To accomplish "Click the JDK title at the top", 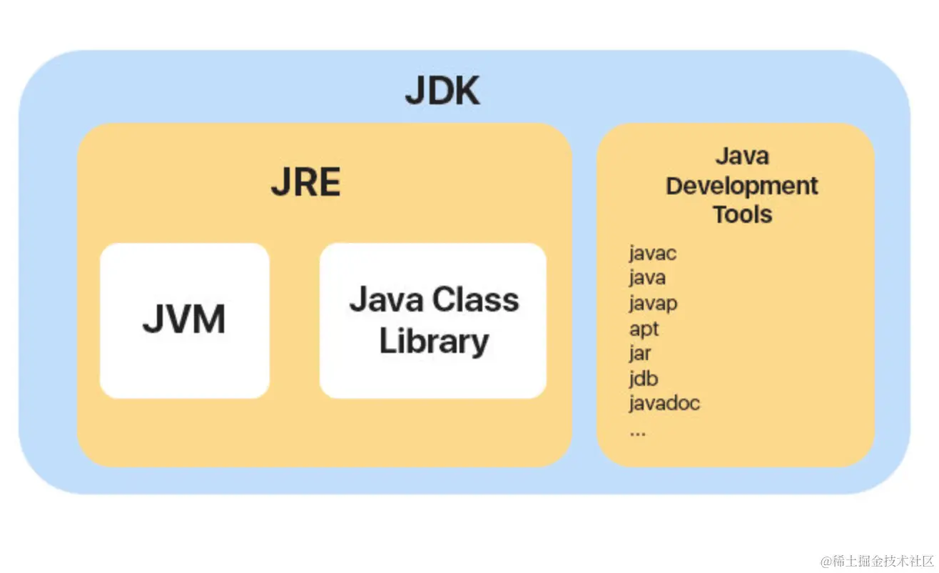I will pyautogui.click(x=442, y=91).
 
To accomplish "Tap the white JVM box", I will pyautogui.click(x=184, y=320).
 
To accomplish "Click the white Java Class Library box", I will pyautogui.click(x=432, y=320).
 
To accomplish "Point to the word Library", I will pyautogui.click(x=434, y=342).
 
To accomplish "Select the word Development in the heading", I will pyautogui.click(x=742, y=186).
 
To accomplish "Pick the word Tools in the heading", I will pyautogui.click(x=742, y=214).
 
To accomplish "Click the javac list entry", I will pyautogui.click(x=653, y=253).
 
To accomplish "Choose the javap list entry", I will pyautogui.click(x=653, y=303).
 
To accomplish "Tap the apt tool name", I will pyautogui.click(x=644, y=329).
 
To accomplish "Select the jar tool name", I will pyautogui.click(x=640, y=354).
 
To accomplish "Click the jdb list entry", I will pyautogui.click(x=643, y=379).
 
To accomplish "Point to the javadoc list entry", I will pyautogui.click(x=664, y=403).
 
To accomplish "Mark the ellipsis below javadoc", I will pyautogui.click(x=637, y=432).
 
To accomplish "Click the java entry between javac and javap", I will pyautogui.click(x=647, y=277).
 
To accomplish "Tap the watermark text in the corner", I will pyautogui.click(x=877, y=560).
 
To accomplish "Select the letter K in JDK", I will pyautogui.click(x=465, y=91).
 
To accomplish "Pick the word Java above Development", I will pyautogui.click(x=742, y=156).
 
